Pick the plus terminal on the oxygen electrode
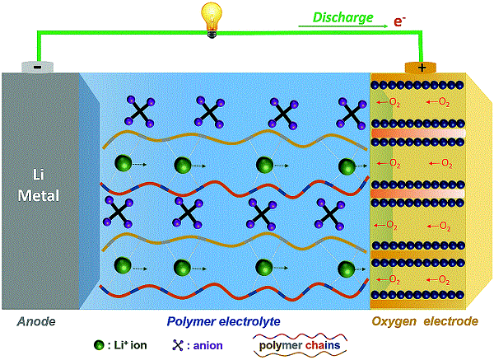coord(422,67)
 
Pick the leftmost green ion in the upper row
coord(122,165)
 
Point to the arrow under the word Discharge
coord(343,27)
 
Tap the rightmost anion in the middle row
coord(333,213)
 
